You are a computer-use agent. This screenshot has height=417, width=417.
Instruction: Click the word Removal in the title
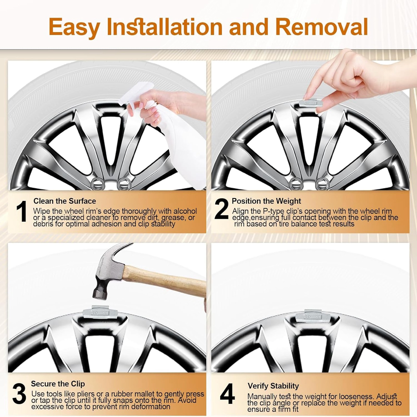pyautogui.click(x=322, y=27)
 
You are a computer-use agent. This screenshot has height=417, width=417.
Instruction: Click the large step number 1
pyautogui.click(x=21, y=211)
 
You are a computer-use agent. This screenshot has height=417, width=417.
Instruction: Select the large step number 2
pyautogui.click(x=222, y=209)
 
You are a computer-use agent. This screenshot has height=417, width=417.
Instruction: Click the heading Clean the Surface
pyautogui.click(x=65, y=201)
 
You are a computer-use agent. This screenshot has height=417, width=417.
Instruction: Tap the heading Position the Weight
pyautogui.click(x=266, y=201)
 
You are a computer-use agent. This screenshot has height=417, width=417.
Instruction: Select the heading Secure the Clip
pyautogui.click(x=58, y=384)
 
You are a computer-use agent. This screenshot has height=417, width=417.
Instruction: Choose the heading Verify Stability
pyautogui.click(x=273, y=386)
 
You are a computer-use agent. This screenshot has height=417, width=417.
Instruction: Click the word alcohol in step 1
pyautogui.click(x=185, y=211)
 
